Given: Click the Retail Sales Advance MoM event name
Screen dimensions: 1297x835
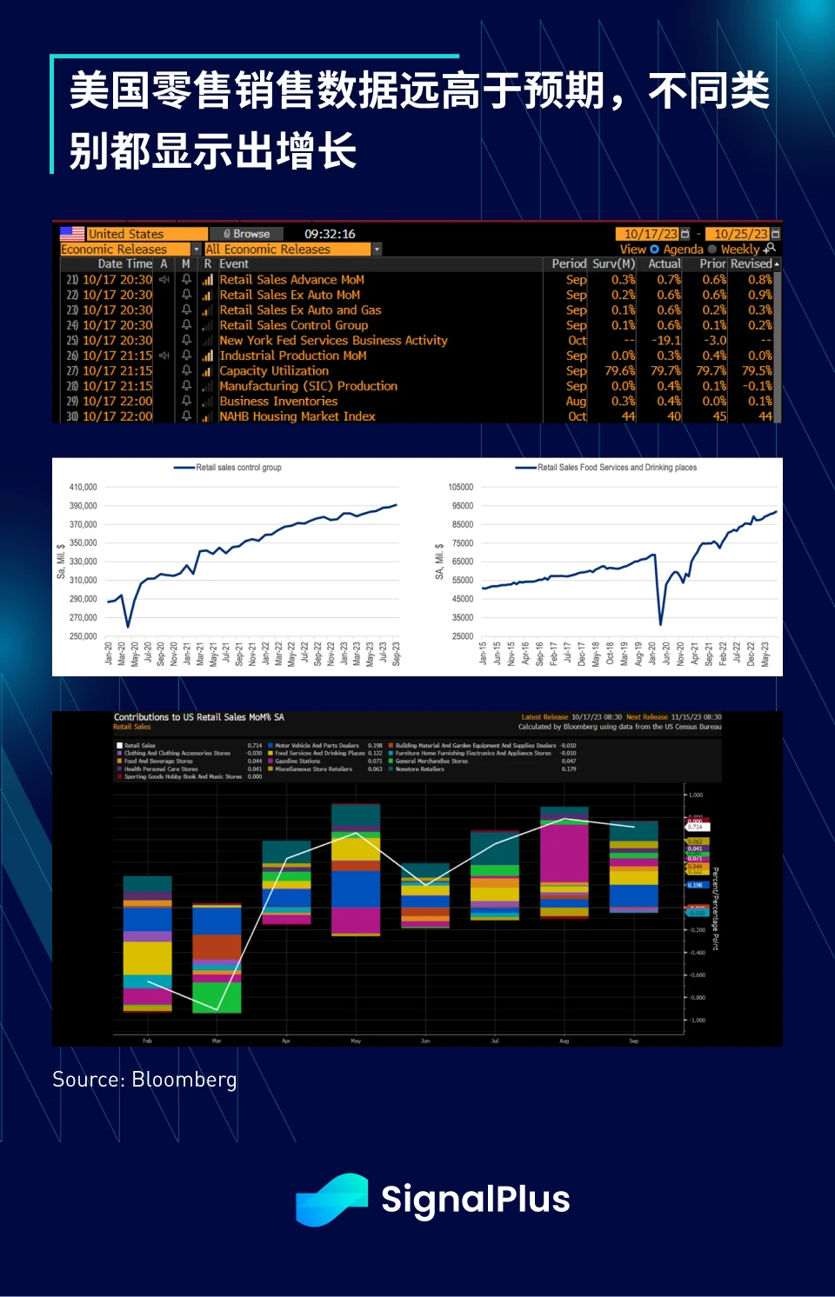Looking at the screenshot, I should [x=291, y=280].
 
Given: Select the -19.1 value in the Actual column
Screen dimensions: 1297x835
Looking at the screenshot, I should [x=668, y=341].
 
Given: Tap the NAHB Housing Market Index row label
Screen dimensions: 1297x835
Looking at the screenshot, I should [x=297, y=416].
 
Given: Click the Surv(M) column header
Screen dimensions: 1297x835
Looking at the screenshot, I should [x=613, y=263].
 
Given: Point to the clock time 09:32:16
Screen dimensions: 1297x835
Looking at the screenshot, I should [x=330, y=234].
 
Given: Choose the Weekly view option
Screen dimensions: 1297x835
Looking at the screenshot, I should [x=739, y=249].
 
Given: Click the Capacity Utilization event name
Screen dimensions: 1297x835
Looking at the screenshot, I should [x=274, y=371].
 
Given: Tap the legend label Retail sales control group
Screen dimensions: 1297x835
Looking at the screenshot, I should [x=238, y=468].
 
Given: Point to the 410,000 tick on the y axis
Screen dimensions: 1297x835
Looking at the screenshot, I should [x=83, y=487].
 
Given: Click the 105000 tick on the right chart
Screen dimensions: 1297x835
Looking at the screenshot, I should [x=461, y=487].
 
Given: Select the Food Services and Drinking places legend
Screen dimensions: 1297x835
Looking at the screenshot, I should [x=617, y=468].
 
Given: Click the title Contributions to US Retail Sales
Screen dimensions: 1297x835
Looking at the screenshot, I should [x=199, y=717].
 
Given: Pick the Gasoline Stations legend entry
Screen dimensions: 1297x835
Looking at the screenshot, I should [x=297, y=761].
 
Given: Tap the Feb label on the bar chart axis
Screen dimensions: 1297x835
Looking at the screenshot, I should [x=147, y=1041].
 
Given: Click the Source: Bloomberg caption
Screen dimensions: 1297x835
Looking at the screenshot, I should [x=144, y=1080].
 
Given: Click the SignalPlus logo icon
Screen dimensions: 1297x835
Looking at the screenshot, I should [x=331, y=1200].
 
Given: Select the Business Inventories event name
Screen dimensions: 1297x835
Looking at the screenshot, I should [x=278, y=402].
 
